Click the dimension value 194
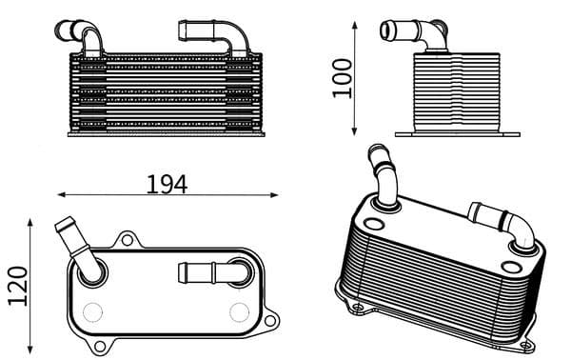tap(167, 184)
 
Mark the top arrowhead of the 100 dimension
tap(355, 25)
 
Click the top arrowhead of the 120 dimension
tap(32, 222)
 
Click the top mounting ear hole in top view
tap(128, 238)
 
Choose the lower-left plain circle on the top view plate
tap(92, 311)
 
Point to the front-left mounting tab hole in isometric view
tap(357, 306)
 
